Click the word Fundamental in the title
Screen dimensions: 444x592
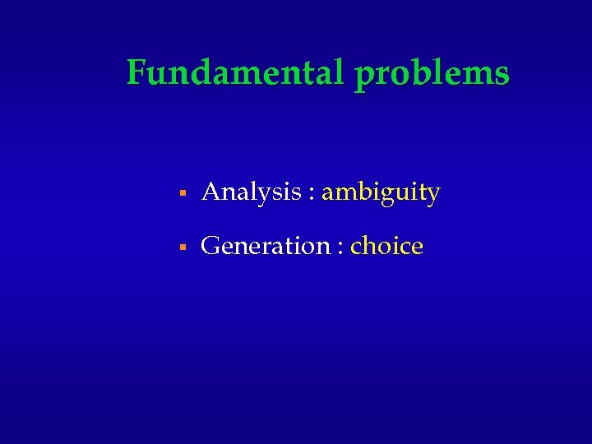coord(237,73)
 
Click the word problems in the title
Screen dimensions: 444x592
coord(432,75)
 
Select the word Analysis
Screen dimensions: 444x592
coord(251,193)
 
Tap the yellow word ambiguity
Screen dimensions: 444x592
coord(381,193)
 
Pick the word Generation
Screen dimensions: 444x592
coord(265,246)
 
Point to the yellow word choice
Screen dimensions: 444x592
coord(386,246)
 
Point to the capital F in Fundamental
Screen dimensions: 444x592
coord(137,73)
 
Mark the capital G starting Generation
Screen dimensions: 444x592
coord(210,246)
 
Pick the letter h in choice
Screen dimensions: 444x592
coord(371,245)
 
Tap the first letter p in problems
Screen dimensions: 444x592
coord(363,76)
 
